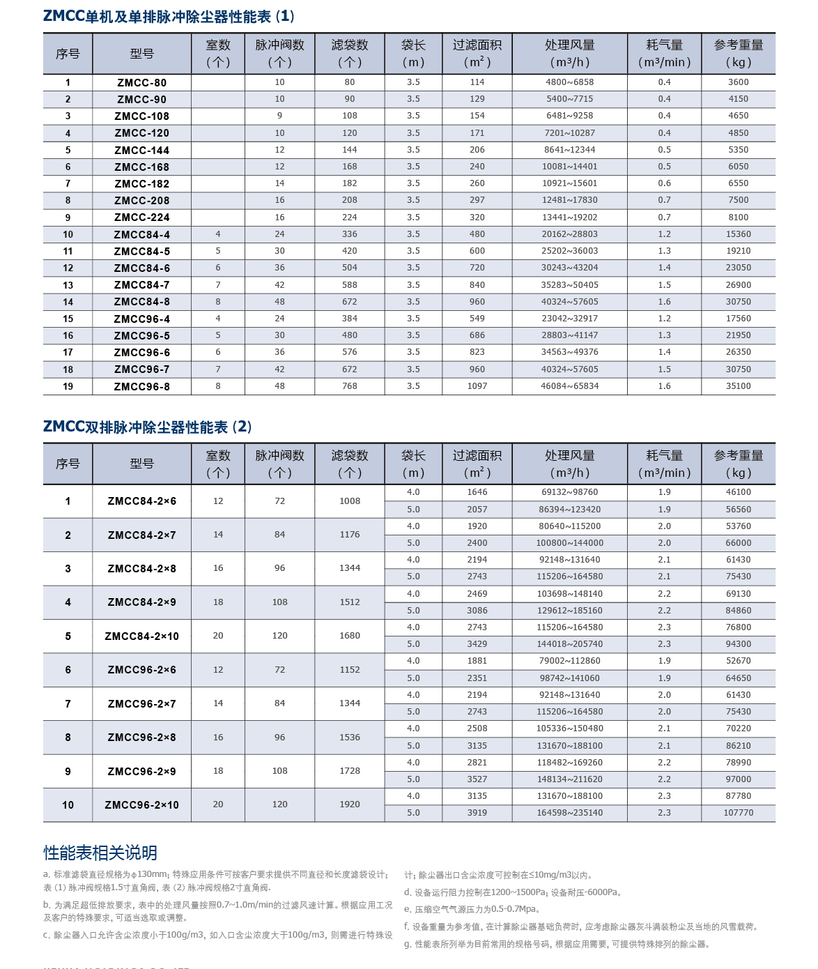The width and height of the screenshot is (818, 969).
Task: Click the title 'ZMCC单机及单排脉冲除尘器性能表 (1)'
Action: (169, 16)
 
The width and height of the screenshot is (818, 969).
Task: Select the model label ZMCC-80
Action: (141, 82)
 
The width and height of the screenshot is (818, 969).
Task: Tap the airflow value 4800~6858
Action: (569, 82)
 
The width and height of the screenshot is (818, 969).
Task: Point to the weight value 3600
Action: (738, 82)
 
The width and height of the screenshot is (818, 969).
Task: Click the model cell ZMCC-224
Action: (141, 218)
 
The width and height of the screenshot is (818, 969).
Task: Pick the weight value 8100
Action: (738, 218)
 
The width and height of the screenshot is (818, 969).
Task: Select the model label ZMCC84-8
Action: (141, 302)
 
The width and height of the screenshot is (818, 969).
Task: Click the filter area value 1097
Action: (477, 386)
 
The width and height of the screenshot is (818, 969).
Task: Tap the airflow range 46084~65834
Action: (569, 386)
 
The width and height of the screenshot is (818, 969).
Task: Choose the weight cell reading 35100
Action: (738, 386)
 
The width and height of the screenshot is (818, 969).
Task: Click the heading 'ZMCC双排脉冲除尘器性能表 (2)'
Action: (148, 427)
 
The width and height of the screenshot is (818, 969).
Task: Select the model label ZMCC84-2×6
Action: (141, 501)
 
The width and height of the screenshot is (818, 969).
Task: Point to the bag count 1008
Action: (349, 501)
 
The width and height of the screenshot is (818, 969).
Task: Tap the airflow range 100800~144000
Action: (569, 543)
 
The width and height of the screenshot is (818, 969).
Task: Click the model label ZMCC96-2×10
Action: (141, 805)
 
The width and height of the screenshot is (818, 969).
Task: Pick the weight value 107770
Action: (738, 813)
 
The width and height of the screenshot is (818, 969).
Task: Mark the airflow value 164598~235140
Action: (569, 813)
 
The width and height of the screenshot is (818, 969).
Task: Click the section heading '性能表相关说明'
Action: (100, 853)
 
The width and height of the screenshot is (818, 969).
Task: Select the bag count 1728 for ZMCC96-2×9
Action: (349, 771)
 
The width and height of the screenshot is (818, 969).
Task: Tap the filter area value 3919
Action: (477, 813)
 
